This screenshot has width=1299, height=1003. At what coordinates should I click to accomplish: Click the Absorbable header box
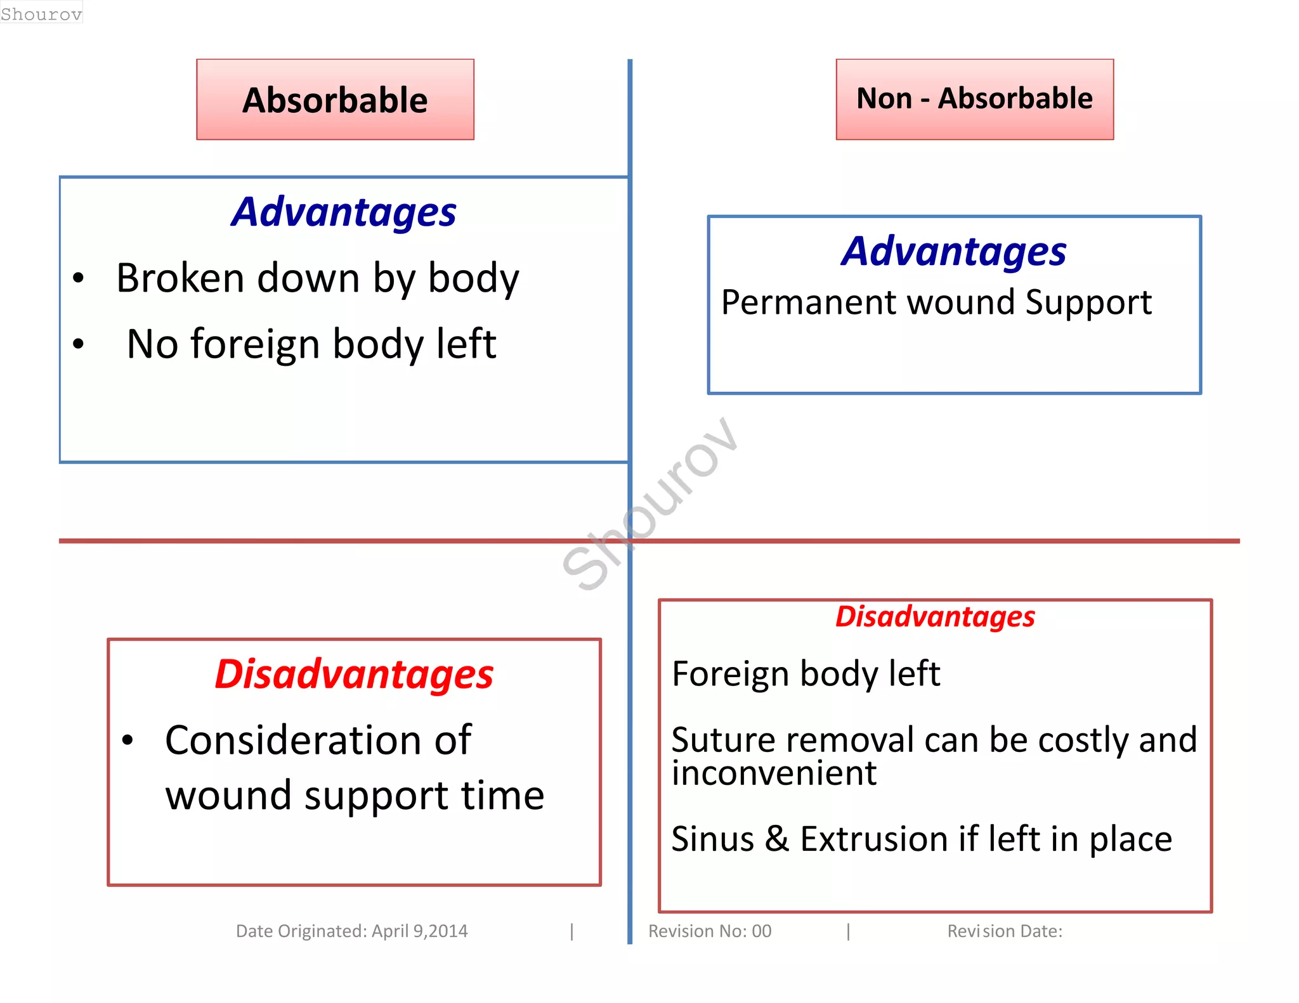[x=335, y=100]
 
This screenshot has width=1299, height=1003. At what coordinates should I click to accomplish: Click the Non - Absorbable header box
[x=974, y=99]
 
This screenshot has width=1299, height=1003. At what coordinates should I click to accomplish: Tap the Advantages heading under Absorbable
[x=344, y=212]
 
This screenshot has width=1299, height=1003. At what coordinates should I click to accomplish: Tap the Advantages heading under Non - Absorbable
[x=954, y=251]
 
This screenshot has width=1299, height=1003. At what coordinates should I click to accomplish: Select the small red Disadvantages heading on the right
[x=935, y=616]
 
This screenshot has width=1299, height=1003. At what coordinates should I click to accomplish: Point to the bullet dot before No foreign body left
[x=78, y=344]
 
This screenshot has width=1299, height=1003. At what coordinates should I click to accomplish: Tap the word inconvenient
[x=774, y=773]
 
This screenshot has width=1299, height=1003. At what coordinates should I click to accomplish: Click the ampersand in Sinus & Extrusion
[x=777, y=839]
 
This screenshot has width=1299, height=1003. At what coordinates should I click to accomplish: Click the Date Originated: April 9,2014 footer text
[x=351, y=931]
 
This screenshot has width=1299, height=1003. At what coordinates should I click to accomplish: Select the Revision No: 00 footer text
[x=710, y=931]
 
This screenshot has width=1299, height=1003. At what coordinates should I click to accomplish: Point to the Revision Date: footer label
[x=1005, y=931]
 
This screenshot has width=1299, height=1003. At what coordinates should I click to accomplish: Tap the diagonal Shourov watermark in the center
[x=650, y=504]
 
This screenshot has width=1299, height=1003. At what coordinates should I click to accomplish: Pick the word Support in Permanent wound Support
[x=1088, y=302]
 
